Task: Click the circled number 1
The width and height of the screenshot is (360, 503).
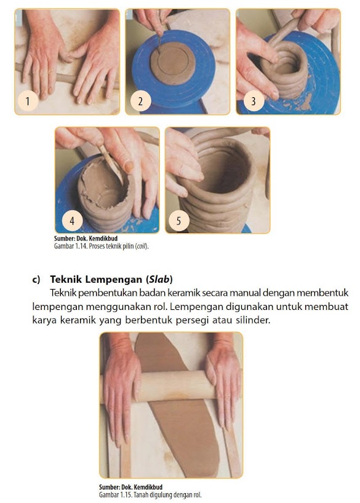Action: pos(28,101)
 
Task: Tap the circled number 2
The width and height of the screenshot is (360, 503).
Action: pos(140,101)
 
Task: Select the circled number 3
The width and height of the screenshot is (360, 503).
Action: pos(254,101)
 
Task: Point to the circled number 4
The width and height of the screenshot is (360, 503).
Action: pos(72,220)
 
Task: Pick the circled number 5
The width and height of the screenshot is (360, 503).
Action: pos(179,220)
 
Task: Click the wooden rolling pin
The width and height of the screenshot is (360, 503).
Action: pos(172,386)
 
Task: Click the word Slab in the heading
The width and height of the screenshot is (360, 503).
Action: pos(159,279)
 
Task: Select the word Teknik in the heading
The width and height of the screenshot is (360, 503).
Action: pos(63,279)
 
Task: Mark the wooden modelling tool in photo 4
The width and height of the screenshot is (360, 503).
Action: pos(111,164)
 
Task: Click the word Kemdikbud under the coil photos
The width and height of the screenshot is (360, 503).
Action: pos(102,239)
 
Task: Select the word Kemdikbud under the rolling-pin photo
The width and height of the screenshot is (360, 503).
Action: pos(147,487)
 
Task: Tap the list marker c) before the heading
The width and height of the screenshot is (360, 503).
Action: pos(36,279)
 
